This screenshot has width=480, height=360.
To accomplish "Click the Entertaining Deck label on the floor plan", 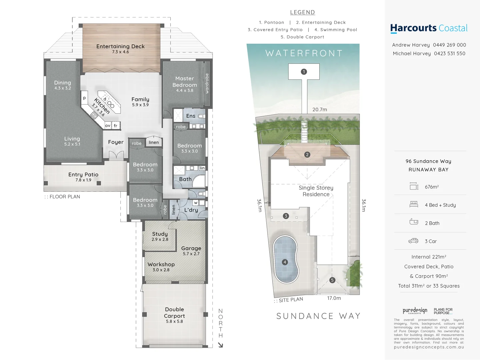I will pos(120,47).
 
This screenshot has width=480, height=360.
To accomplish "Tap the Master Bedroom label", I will pos(184,82).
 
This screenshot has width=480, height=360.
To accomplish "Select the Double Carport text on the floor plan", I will pos(174,313).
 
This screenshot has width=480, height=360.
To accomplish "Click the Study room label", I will pos(160,234).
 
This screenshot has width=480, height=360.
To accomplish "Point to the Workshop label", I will pos(161,264).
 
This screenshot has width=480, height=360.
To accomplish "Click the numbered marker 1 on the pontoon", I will pos(304,72).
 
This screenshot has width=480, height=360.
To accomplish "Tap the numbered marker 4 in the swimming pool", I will pos(285,262).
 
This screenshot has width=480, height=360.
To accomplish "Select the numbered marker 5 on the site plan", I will pos(332,280).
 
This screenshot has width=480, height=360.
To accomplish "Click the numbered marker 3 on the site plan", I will pos(286,216).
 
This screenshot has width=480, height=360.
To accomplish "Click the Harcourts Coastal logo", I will pos(429,28).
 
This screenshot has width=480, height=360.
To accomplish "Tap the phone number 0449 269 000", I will pos(449,45).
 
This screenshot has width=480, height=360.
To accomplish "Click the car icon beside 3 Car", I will pos(413,241).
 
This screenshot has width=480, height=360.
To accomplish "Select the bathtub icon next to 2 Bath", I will pos(414,222).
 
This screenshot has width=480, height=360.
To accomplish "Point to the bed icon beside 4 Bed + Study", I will pos(414,204).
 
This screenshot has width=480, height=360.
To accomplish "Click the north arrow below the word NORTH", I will pos(220,345).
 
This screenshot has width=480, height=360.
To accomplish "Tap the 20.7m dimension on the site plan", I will pos(320,110).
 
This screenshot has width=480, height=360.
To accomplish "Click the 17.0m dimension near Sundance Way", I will pos(334,298).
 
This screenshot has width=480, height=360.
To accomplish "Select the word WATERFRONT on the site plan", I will pos(304,53).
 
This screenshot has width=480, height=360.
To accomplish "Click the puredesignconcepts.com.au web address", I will pos(429,347).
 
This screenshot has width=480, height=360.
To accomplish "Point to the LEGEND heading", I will pos(302,12).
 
